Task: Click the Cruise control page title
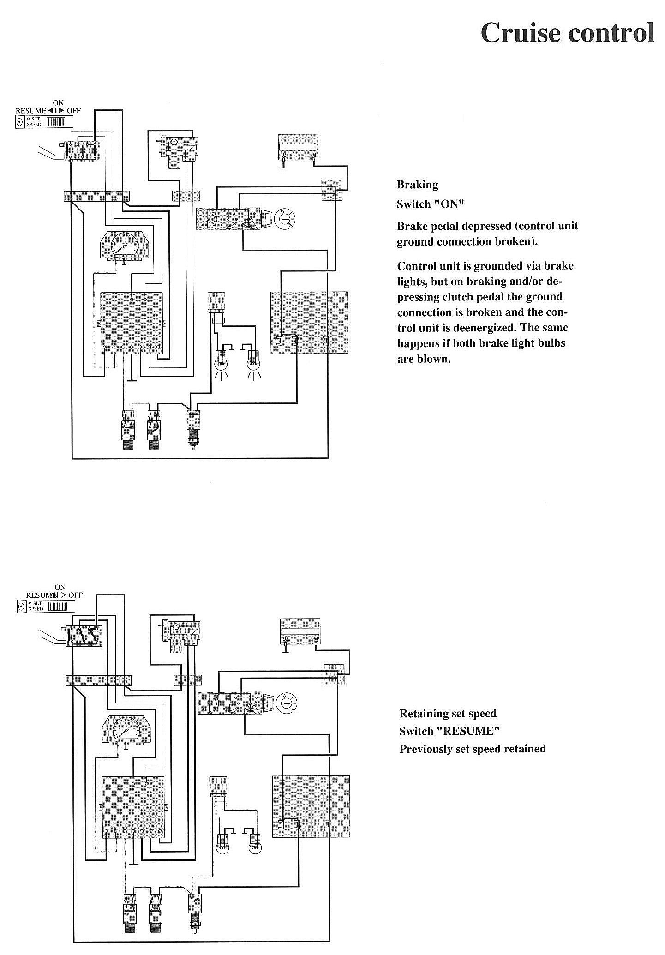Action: [x=567, y=33]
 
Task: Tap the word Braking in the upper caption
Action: [x=417, y=185]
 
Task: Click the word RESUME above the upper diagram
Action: [x=31, y=111]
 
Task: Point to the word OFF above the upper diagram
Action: [x=74, y=111]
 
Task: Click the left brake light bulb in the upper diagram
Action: [x=222, y=361]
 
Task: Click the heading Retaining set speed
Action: [x=448, y=714]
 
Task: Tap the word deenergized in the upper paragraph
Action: [x=488, y=328]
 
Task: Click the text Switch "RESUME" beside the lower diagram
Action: [x=449, y=731]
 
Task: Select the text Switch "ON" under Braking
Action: [x=430, y=204]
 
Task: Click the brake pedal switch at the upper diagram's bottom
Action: [x=192, y=425]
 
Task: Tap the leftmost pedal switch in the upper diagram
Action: [x=127, y=427]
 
